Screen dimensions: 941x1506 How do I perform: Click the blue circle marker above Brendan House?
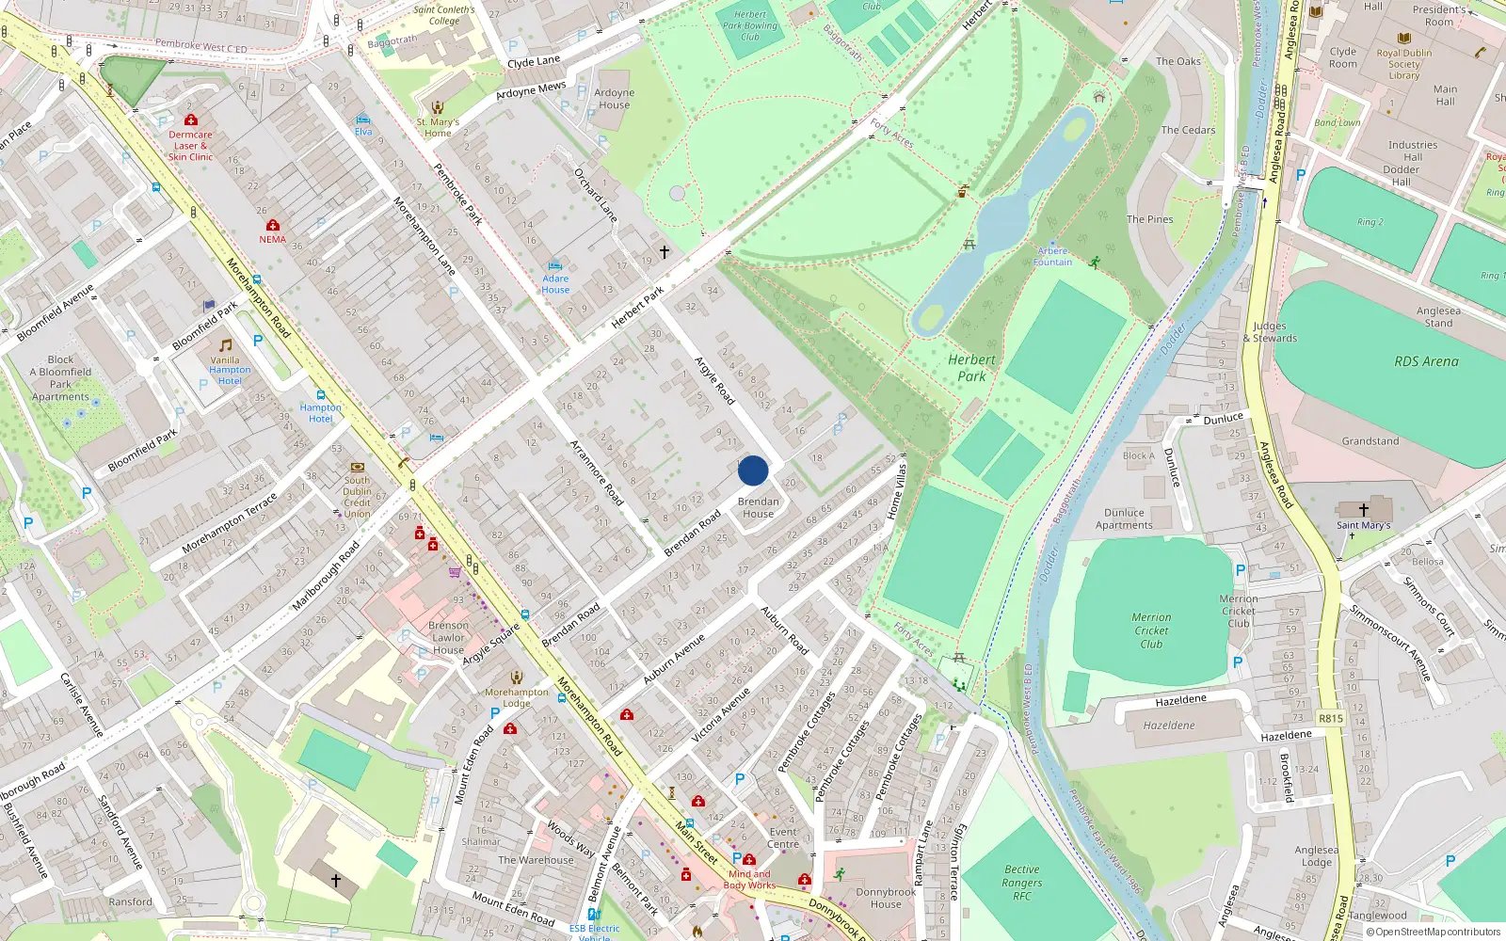click(753, 470)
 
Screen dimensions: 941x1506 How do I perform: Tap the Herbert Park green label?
click(971, 368)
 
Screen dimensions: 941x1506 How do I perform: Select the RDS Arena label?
click(1426, 361)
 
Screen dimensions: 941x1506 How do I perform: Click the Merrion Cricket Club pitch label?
click(1151, 630)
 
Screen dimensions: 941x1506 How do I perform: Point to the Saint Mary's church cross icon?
click(1363, 509)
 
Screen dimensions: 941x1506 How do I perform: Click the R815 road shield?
click(1330, 718)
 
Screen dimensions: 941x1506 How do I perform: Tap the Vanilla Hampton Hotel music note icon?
click(225, 345)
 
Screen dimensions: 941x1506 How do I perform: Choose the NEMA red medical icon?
click(273, 226)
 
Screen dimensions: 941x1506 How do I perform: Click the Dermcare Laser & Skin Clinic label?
click(190, 146)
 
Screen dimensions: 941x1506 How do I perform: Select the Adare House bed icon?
click(555, 266)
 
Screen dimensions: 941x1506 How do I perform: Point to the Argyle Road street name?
click(714, 380)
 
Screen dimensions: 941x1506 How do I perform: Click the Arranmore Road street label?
click(597, 472)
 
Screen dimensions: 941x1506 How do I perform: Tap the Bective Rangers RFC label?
click(1021, 883)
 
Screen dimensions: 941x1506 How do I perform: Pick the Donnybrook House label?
click(885, 898)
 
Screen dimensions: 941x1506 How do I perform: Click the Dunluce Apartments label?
click(1124, 519)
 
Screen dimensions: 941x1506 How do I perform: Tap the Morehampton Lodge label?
click(516, 697)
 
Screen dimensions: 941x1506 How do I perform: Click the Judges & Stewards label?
click(1270, 332)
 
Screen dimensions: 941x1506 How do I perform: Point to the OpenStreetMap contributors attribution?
click(1434, 932)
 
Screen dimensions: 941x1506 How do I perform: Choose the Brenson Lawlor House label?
click(448, 637)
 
